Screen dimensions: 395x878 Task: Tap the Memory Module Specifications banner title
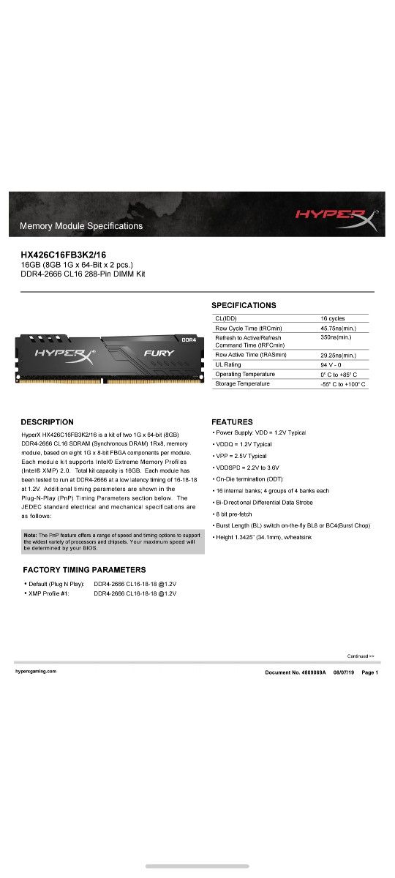(81, 226)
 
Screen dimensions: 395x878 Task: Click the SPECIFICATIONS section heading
(244, 305)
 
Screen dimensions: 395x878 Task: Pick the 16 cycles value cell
(333, 318)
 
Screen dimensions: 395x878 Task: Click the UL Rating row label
(228, 364)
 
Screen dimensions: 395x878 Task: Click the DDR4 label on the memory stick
(189, 340)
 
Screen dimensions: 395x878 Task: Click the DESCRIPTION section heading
(47, 422)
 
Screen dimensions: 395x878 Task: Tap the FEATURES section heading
(232, 422)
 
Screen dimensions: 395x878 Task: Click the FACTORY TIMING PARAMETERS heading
(84, 569)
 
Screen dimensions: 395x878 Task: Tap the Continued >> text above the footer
(361, 656)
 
